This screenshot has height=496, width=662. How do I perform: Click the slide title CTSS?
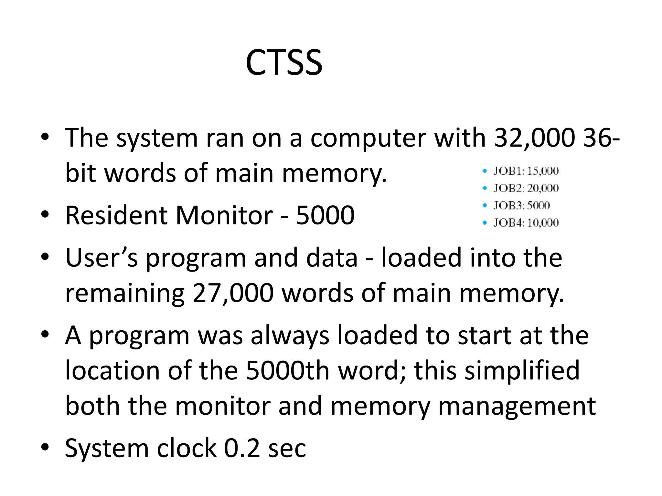pyautogui.click(x=284, y=62)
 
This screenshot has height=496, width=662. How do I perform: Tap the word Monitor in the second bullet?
pyautogui.click(x=224, y=215)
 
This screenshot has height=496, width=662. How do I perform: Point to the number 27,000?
pyautogui.click(x=233, y=293)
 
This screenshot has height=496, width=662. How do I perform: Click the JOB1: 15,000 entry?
pyautogui.click(x=526, y=171)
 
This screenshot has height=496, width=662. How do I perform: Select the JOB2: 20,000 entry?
pyautogui.click(x=526, y=188)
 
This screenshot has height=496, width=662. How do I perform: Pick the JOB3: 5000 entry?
pyautogui.click(x=521, y=205)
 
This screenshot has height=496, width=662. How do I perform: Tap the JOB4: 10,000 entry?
pyautogui.click(x=526, y=222)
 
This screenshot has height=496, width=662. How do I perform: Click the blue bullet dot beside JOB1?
pyautogui.click(x=484, y=171)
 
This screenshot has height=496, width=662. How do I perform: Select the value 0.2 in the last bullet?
pyautogui.click(x=242, y=448)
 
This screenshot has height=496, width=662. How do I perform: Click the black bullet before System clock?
pyautogui.click(x=45, y=447)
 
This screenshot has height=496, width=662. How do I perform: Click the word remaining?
pyautogui.click(x=125, y=293)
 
